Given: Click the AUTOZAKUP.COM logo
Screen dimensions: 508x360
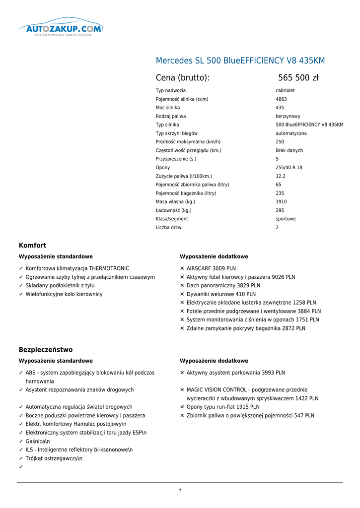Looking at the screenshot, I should pyautogui.click(x=60, y=29).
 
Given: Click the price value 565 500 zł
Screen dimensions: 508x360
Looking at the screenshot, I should pyautogui.click(x=298, y=77).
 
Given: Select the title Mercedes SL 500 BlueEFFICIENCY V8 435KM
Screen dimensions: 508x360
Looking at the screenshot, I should pyautogui.click(x=240, y=61).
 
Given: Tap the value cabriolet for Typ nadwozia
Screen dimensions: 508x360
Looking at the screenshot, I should pyautogui.click(x=285, y=91).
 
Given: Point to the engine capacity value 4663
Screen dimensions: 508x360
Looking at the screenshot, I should pyautogui.click(x=281, y=99).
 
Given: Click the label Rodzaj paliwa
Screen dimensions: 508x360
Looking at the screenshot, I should pyautogui.click(x=171, y=116).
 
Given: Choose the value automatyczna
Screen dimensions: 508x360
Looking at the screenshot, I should pyautogui.click(x=291, y=133).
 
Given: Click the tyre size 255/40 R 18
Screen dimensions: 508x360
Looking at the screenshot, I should pyautogui.click(x=289, y=168).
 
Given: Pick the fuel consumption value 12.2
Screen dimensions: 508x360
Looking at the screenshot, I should pyautogui.click(x=281, y=176).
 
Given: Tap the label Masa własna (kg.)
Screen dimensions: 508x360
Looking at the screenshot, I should pyautogui.click(x=175, y=202).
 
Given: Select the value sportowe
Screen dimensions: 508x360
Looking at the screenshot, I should pyautogui.click(x=286, y=219).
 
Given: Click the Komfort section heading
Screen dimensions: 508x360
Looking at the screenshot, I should pyautogui.click(x=32, y=245).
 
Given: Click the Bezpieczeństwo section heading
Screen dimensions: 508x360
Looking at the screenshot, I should pyautogui.click(x=46, y=349).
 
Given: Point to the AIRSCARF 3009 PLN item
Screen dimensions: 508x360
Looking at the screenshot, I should pyautogui.click(x=211, y=268).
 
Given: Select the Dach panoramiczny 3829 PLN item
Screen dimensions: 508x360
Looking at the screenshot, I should pyautogui.click(x=223, y=286).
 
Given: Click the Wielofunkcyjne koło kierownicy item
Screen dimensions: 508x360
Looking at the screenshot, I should pyautogui.click(x=64, y=294).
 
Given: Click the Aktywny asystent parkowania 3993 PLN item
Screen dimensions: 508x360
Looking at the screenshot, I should pyautogui.click(x=235, y=373).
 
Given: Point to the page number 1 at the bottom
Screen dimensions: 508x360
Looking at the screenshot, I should pyautogui.click(x=180, y=491).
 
